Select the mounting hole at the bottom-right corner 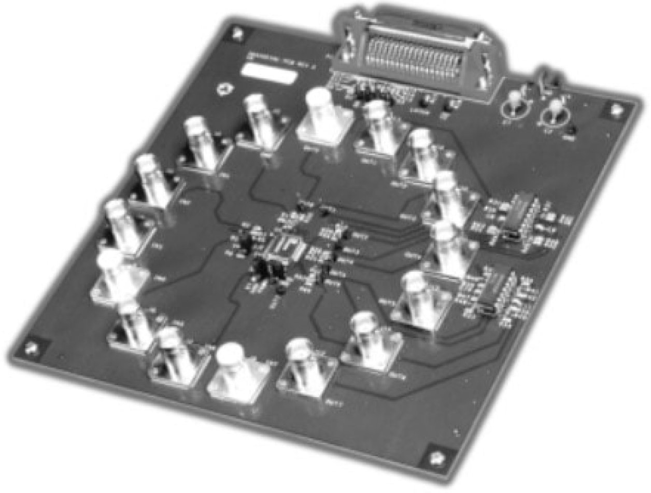pyautogui.click(x=435, y=459)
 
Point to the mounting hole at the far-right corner pyautogui.click(x=615, y=109)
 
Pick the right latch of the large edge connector pyautogui.click(x=487, y=67)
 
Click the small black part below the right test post pyautogui.click(x=570, y=131)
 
